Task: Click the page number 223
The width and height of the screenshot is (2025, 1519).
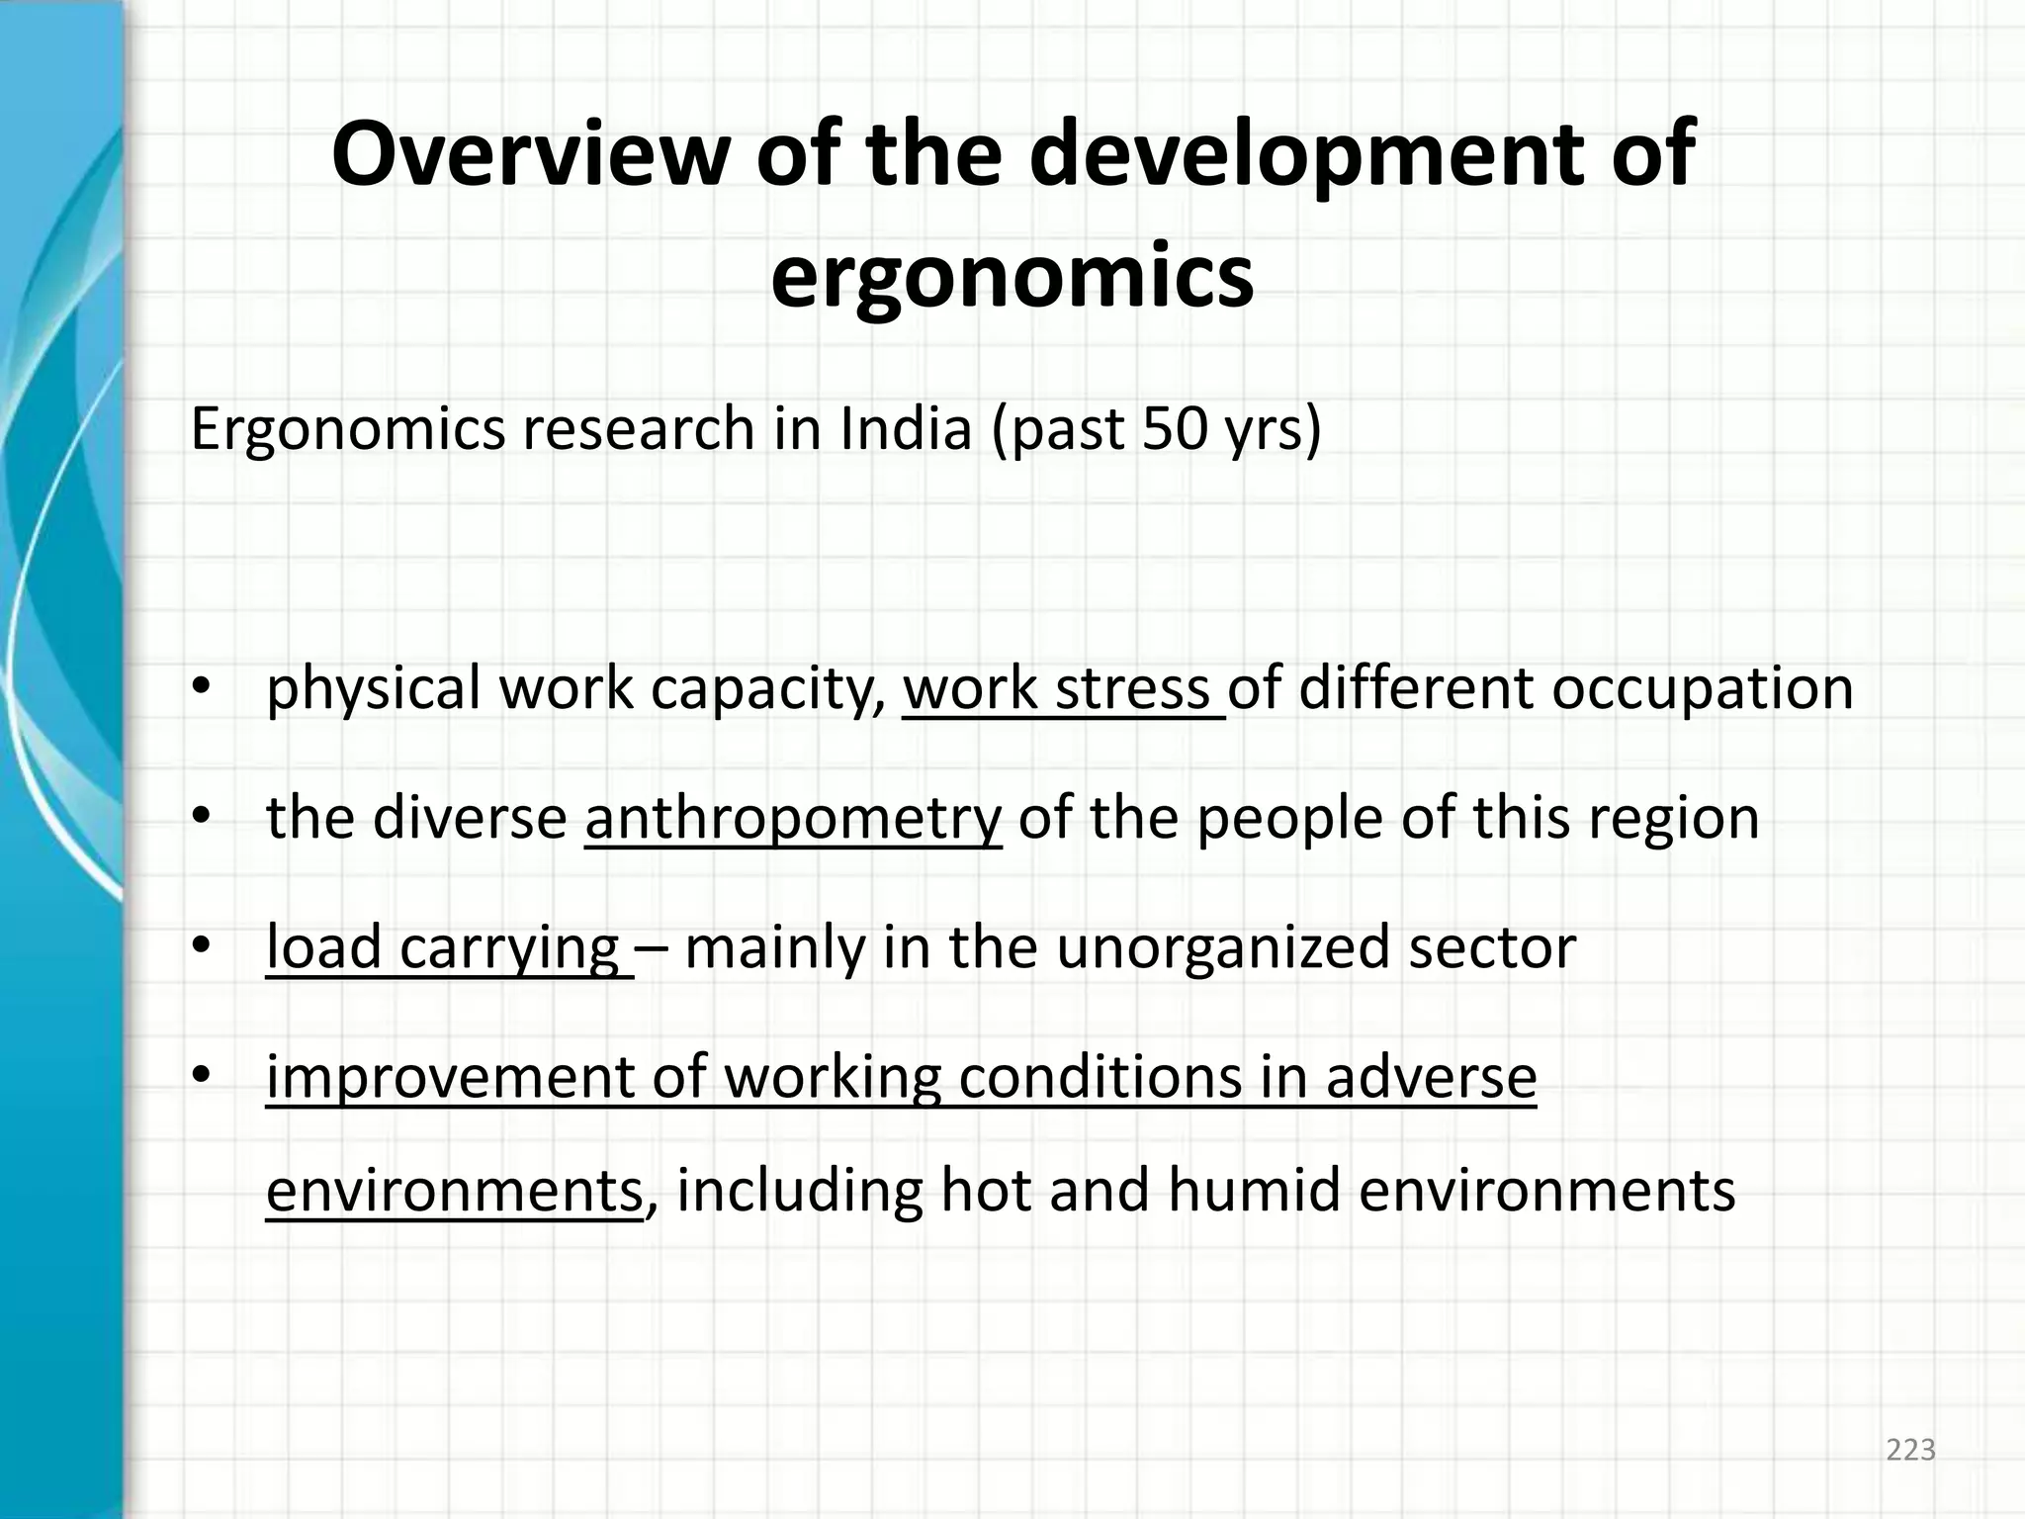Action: point(1910,1450)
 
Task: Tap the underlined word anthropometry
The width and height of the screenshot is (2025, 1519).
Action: point(793,819)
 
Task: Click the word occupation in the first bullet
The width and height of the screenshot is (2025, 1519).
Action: point(1701,688)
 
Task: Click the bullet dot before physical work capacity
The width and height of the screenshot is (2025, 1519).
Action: point(202,688)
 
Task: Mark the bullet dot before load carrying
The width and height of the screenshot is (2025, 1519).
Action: point(202,947)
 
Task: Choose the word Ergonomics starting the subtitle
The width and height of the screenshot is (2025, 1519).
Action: point(348,431)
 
